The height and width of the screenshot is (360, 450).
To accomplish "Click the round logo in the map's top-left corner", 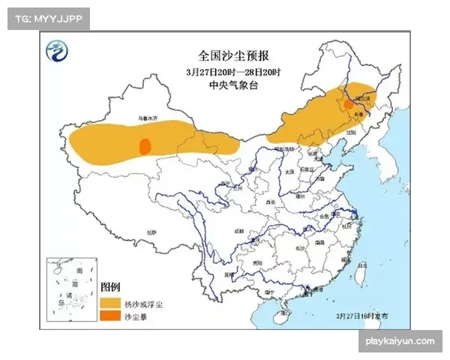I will tap(57, 52).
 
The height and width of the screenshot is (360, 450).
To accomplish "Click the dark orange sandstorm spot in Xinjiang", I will tap(145, 145).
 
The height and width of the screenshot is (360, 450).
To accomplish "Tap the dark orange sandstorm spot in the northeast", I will tap(348, 105).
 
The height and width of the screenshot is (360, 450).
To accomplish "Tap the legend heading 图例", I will tap(110, 287).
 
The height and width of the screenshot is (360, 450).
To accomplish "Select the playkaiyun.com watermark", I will tap(399, 341).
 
